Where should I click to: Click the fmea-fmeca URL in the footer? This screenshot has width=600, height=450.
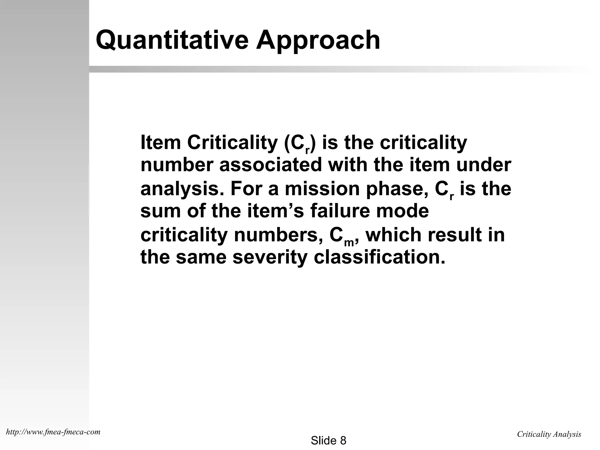(53, 432)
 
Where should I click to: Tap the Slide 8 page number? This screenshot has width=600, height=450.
(328, 440)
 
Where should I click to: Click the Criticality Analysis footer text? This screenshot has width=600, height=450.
(549, 434)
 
